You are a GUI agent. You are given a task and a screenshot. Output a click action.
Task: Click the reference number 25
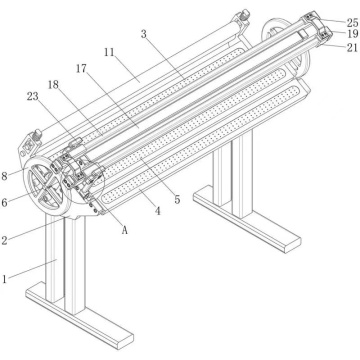(x=351, y=21)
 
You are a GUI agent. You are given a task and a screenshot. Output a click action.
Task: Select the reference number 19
(x=351, y=33)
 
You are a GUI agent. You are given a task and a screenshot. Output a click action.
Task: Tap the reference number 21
(x=351, y=46)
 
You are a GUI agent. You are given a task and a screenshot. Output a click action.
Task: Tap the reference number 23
(x=32, y=97)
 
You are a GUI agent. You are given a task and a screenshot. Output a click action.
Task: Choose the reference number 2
(x=7, y=241)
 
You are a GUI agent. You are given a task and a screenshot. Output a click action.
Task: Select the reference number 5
(x=176, y=200)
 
